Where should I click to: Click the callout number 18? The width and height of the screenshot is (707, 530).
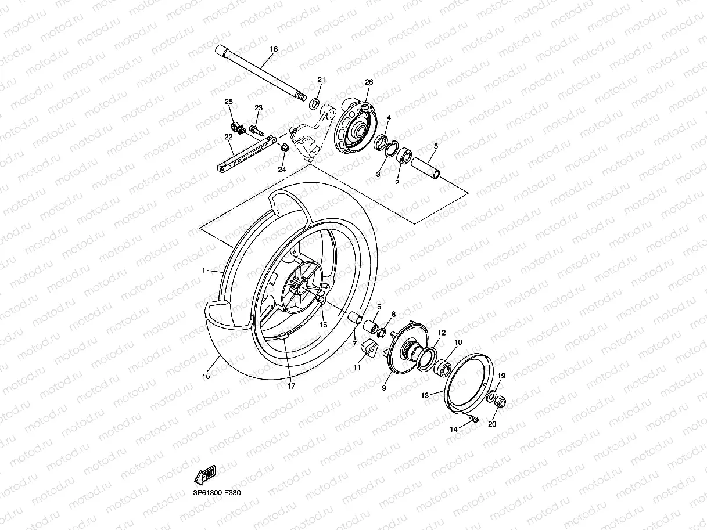click(274, 50)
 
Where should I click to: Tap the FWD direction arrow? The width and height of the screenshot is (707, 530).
click(206, 474)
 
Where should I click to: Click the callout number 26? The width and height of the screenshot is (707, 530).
click(368, 82)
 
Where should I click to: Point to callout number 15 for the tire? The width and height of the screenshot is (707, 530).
click(206, 377)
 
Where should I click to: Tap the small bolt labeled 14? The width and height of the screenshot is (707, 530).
click(475, 419)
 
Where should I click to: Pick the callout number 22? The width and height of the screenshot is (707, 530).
click(228, 137)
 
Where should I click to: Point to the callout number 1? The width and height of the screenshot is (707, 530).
click(204, 271)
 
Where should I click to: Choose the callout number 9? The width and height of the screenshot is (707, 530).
click(383, 388)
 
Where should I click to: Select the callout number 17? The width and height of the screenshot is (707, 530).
click(292, 386)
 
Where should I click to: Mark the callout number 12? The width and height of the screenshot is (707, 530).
click(442, 333)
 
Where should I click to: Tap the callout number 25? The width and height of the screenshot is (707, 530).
click(228, 102)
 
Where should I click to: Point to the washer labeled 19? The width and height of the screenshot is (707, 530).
click(491, 398)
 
